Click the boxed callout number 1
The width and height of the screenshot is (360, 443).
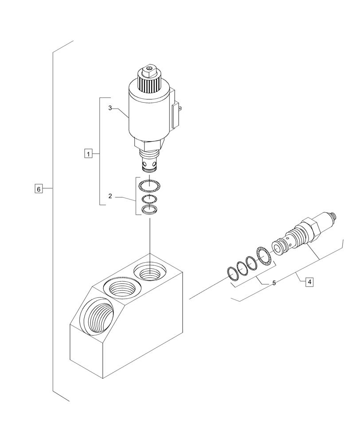point(88,154)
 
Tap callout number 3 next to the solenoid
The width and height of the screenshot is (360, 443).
point(110,108)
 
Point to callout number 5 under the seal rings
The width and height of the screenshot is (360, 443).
point(274,283)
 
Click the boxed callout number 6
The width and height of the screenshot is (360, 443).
point(39,189)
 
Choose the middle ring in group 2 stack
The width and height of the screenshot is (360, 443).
point(149,199)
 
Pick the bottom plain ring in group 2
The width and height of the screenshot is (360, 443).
point(149,209)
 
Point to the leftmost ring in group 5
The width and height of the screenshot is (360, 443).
point(232,274)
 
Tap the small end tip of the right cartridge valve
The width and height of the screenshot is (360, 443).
point(333,216)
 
